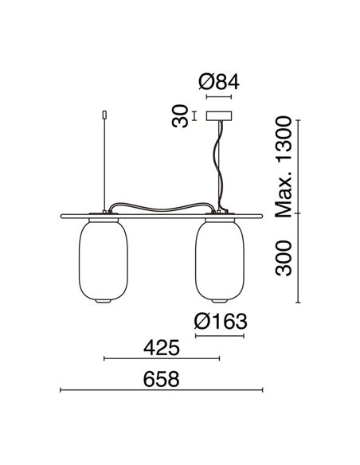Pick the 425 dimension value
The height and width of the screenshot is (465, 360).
(161, 347)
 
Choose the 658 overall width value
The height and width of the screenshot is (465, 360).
(161, 379)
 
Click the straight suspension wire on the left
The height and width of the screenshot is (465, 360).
(104, 159)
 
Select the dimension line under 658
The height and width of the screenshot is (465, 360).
(161, 390)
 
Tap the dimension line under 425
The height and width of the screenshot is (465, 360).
(161, 359)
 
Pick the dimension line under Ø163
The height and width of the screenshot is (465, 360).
(218, 335)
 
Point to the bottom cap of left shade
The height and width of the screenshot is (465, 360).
(104, 303)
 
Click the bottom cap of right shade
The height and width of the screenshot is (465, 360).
(218, 303)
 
